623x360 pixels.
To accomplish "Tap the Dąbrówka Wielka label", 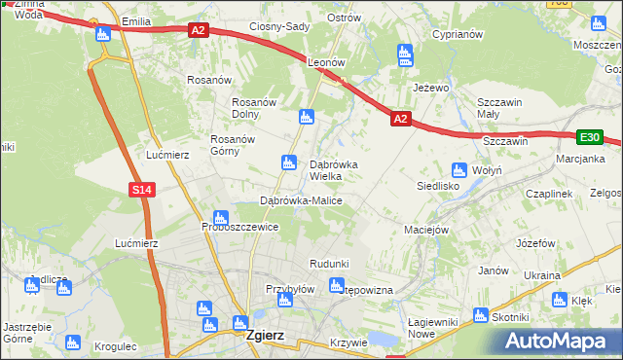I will (333, 170).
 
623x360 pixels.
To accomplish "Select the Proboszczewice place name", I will (240, 227).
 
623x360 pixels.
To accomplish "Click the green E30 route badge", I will (589, 138).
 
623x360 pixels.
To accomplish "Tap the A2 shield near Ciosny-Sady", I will (199, 31).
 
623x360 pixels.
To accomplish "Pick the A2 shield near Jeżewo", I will (400, 119).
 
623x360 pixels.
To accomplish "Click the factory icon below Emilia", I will (103, 35).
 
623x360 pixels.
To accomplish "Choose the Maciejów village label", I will (425, 230).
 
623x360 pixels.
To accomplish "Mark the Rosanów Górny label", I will (233, 145).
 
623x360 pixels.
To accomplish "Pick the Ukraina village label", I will (541, 276).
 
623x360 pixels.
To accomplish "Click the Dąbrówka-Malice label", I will (300, 200).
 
